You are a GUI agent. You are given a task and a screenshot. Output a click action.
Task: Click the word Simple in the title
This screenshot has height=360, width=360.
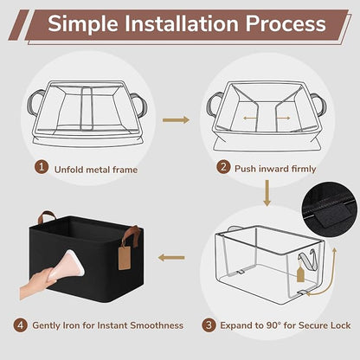tap(83, 24)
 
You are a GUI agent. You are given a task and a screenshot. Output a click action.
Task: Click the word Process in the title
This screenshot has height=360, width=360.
tap(286, 23)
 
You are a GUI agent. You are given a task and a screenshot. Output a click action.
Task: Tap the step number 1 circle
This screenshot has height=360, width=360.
tap(42, 167)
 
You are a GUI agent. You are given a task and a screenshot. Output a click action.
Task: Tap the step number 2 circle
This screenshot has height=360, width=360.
tap(223, 167)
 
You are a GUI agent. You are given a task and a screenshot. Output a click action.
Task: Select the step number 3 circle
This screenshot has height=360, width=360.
tap(209, 325)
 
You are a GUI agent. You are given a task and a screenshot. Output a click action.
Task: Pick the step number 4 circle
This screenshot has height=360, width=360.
tap(21, 325)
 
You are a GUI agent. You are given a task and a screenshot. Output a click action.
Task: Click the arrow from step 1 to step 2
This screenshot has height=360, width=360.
tap(176, 119)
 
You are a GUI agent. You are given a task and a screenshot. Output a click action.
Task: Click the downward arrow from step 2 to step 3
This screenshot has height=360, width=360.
tap(267, 193)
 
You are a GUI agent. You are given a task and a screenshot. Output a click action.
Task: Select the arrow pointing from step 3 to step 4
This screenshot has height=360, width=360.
tap(171, 257)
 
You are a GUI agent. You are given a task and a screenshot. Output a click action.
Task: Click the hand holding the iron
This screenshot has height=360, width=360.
tap(36, 284)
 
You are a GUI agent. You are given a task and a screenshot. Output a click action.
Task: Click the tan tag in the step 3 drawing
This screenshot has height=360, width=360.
tap(300, 274)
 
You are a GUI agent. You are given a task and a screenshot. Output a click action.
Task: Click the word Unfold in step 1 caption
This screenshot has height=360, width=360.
tap(69, 170)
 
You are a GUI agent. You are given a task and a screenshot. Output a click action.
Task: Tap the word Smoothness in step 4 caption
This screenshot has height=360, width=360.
tap(157, 325)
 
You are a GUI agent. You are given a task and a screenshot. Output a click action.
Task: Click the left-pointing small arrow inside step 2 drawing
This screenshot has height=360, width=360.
tap(250, 118)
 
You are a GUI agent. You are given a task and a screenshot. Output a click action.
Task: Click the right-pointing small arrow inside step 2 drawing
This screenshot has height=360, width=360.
tap(283, 118)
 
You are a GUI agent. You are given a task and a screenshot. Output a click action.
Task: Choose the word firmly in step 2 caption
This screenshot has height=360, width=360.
tap(304, 169)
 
